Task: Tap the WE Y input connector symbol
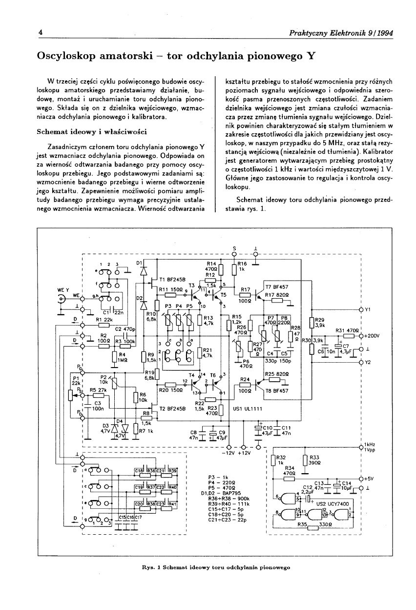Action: tap(62, 300)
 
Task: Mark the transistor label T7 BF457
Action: tap(276, 287)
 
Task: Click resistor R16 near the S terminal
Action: tap(234, 270)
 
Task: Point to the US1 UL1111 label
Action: tap(248, 408)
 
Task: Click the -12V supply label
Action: tap(229, 453)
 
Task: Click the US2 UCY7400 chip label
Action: tap(334, 503)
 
